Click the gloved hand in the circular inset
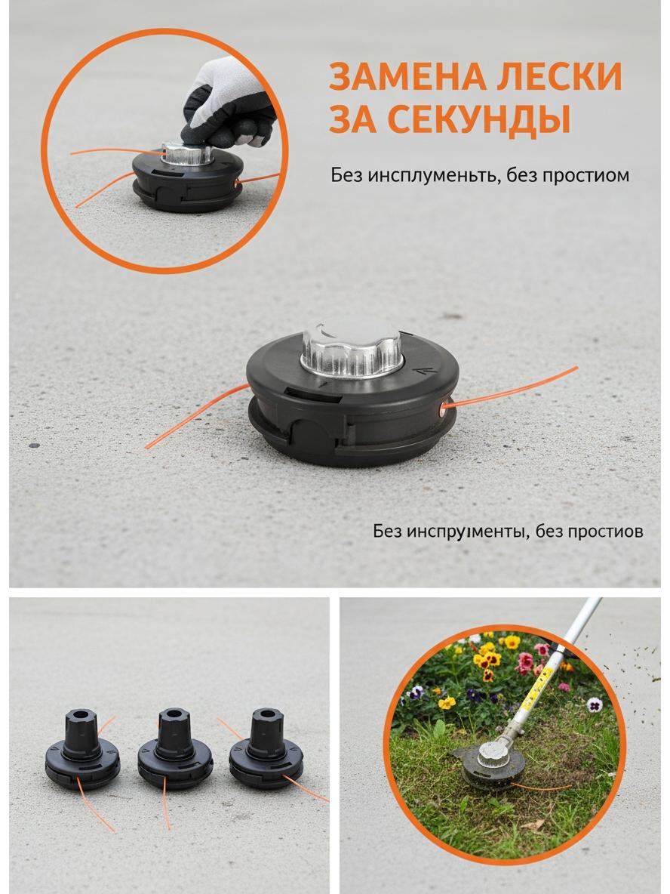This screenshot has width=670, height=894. coord(228,103)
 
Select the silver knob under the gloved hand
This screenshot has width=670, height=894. coord(187,154)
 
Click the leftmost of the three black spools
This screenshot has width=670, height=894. coord(82,748)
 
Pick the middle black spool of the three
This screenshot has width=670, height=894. coord(175,748)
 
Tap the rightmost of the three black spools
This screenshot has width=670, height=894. coord(266,748)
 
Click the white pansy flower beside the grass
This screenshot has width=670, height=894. coord(595,704)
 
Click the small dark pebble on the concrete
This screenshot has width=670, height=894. coord(34,445)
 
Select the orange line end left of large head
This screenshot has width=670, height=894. coord(147,446)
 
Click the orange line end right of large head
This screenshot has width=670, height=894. coord(575,369)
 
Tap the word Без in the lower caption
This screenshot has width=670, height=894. coord(387,532)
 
